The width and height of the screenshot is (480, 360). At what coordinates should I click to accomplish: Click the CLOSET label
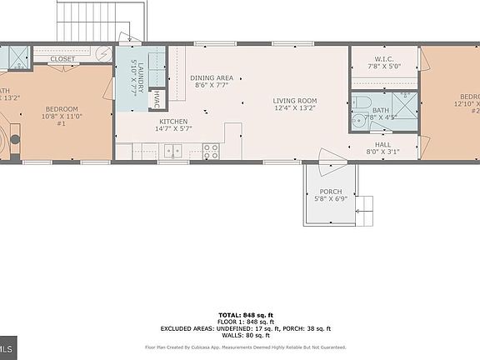coord(62,59)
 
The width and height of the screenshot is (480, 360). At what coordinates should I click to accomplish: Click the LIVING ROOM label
coord(295,102)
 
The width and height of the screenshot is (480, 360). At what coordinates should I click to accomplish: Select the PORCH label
coord(331,192)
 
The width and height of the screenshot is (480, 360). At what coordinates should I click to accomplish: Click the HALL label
coord(382,144)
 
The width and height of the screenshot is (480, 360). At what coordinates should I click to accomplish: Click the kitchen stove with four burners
coord(212,151)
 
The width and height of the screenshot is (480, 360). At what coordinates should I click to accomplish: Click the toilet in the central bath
coord(359,103)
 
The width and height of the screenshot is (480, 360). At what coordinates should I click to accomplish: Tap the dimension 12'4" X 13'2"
coord(295,110)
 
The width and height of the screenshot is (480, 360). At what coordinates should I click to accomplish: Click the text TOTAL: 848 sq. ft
coord(240,315)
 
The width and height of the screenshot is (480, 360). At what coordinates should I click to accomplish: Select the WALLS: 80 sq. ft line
coord(240,335)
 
